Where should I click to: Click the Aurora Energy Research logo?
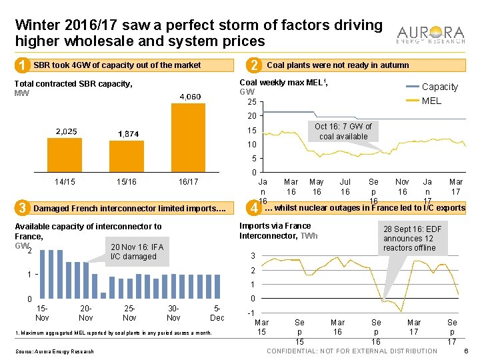[431, 35]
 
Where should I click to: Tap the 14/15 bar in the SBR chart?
[65, 155]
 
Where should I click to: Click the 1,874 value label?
[128, 134]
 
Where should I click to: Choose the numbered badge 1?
[23, 65]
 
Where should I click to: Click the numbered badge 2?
[253, 65]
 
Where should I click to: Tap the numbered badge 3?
[23, 208]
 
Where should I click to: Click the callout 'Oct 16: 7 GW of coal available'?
[343, 131]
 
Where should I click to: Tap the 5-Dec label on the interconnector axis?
[217, 313]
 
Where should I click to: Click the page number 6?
[466, 351]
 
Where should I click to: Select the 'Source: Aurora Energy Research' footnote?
[54, 351]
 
